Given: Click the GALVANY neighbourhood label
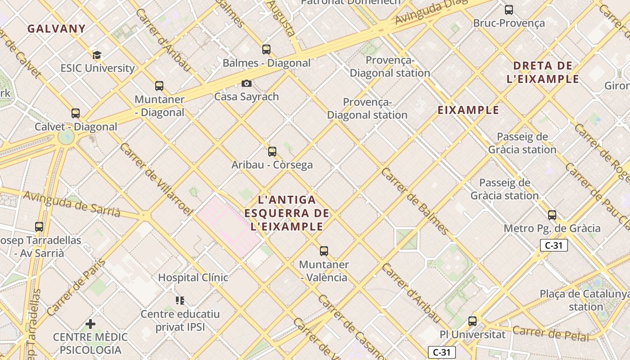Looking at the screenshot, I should point(56,29).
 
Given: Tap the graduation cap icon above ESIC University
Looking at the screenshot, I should point(97,55).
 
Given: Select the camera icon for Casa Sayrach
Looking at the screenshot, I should point(247,83).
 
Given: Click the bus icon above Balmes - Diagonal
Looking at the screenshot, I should point(266,49).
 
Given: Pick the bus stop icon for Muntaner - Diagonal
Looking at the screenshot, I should point(159,85).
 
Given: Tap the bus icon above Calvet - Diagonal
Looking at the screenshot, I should point(76,113).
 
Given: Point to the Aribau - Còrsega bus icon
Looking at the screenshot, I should point(272,151).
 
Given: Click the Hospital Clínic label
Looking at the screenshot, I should point(193,277).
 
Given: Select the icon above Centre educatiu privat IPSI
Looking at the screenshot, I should point(180,300).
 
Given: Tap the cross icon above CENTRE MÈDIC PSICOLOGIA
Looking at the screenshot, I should point(90,324).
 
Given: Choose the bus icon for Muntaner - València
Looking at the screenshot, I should point(324,251).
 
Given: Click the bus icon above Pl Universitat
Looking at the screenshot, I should point(472,321).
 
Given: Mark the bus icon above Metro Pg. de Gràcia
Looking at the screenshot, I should point(552,215).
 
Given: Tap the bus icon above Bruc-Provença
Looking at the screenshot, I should point(509,9).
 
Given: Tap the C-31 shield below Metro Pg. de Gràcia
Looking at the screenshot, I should point(553,245).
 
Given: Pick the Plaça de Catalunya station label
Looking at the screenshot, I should point(585,300).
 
